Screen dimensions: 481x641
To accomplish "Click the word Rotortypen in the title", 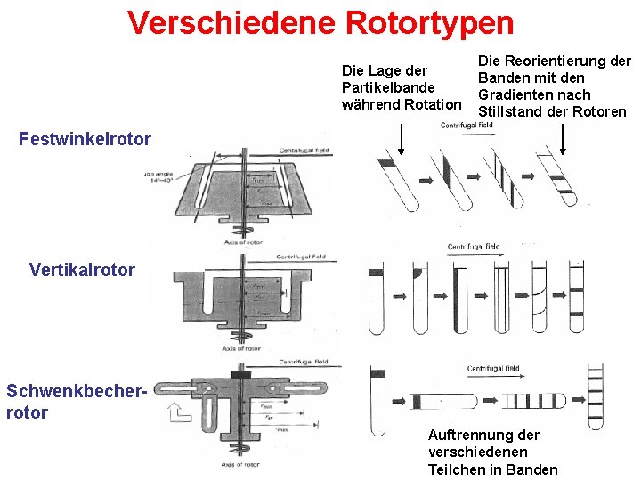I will pos(429,22).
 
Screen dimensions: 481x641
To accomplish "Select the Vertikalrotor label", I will pos(82,269).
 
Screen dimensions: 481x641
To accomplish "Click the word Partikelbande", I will pos(388,87).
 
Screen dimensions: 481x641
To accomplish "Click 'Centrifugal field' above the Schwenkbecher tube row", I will pos(493,368).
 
